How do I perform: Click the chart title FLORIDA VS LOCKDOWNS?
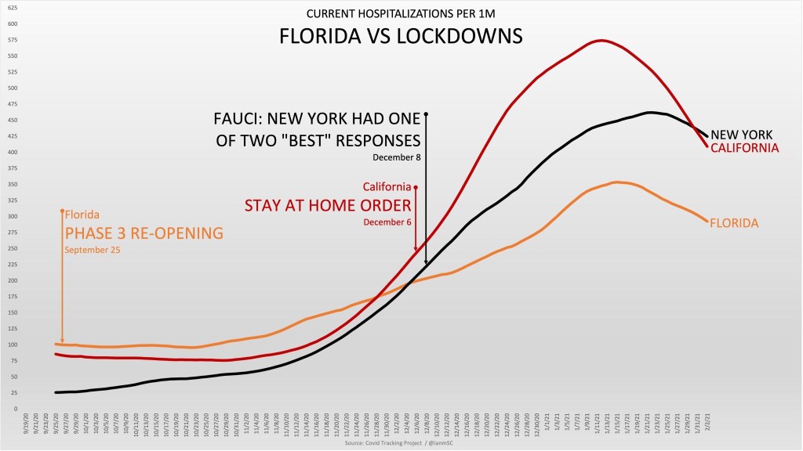(x=401, y=37)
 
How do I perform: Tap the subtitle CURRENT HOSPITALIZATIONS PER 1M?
(x=401, y=13)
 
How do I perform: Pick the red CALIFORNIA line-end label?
(x=744, y=147)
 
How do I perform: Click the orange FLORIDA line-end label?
(x=734, y=223)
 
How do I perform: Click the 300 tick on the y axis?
(x=13, y=216)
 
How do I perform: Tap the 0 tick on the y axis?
(x=15, y=409)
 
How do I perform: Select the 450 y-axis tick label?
(x=13, y=120)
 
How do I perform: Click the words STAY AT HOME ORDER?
(x=329, y=206)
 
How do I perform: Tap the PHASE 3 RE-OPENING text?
(x=144, y=233)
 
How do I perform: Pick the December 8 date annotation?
(x=398, y=158)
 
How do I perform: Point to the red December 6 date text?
(x=387, y=222)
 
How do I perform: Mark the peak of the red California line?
(x=601, y=40)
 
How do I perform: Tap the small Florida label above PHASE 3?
(x=82, y=214)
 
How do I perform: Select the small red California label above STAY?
(x=387, y=186)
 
